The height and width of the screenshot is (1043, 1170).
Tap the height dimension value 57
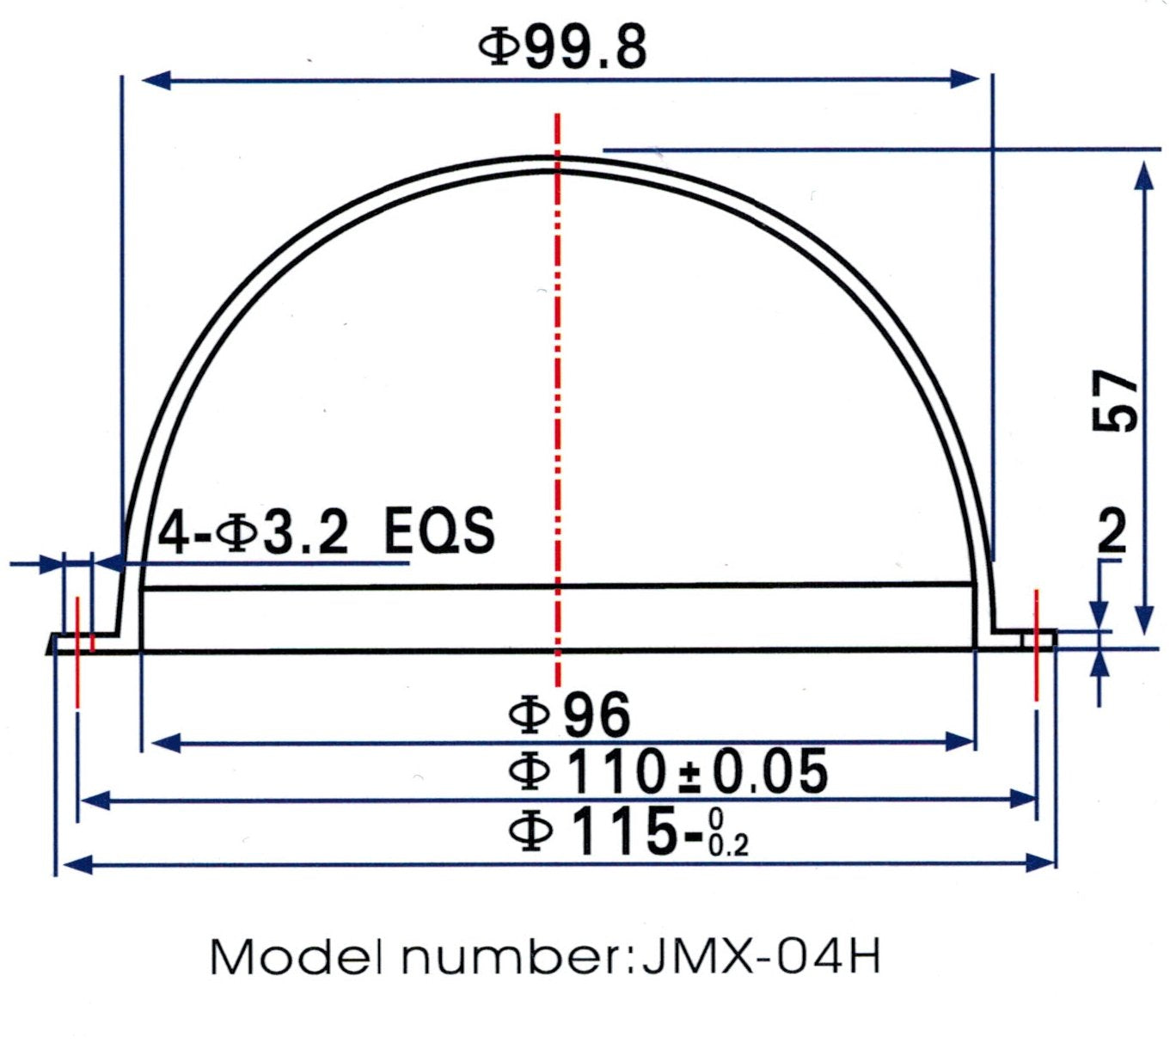tap(1115, 401)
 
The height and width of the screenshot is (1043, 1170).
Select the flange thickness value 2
tap(1112, 531)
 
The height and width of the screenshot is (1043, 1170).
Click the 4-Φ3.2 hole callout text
tap(254, 531)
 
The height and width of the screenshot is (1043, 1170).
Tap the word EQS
tap(439, 531)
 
